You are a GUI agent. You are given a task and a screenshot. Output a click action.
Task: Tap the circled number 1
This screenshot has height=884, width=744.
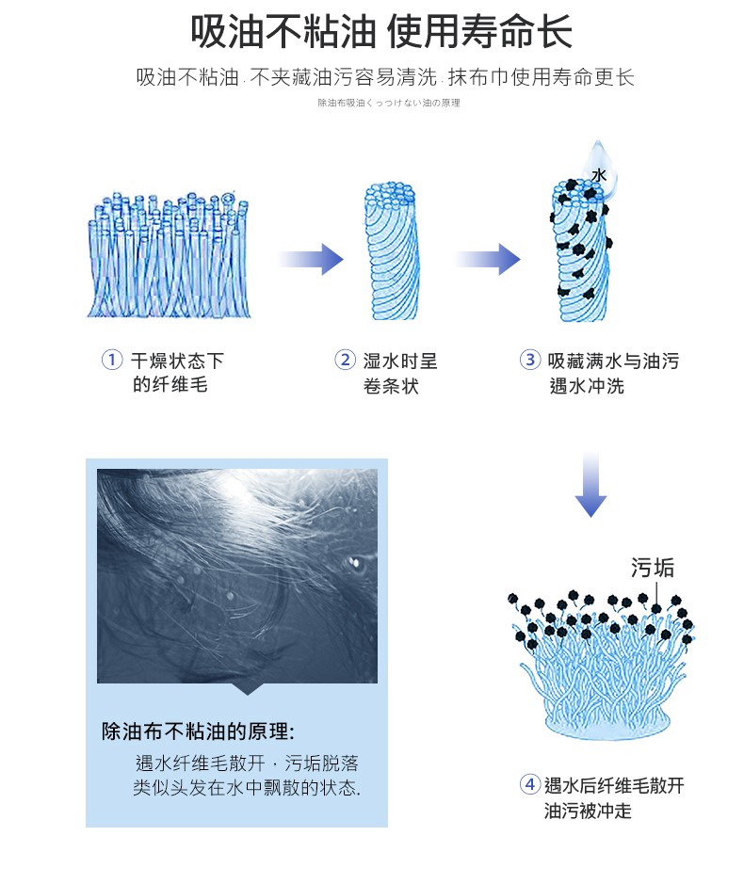112,360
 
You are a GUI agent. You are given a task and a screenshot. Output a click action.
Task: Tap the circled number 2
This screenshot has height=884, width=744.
345,360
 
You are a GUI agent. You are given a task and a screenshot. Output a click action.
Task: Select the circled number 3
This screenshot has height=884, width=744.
530,360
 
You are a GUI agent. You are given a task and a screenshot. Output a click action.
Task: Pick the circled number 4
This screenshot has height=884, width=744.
530,784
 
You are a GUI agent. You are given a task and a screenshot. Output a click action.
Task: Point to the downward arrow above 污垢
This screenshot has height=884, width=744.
590,484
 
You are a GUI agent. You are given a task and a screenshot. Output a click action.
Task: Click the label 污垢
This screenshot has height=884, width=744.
652,567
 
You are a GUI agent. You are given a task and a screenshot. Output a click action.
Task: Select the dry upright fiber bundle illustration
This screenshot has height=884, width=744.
165,254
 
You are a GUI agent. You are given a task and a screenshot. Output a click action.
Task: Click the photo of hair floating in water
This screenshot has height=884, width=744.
237,575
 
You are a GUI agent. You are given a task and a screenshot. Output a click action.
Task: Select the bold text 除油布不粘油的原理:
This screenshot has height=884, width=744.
198,731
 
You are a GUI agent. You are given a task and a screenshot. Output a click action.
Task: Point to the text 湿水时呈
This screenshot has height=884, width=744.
400,361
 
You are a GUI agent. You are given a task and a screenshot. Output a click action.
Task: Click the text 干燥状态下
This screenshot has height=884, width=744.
177,361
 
